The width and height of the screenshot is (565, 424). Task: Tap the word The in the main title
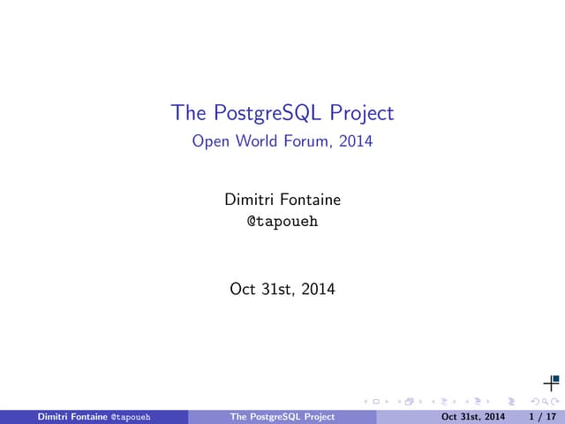[x=188, y=113]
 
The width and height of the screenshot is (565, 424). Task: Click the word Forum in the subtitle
[x=305, y=140]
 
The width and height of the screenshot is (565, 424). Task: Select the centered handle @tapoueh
[x=282, y=222]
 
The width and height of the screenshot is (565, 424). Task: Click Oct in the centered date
[x=242, y=288]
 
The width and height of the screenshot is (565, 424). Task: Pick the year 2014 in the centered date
[x=318, y=288]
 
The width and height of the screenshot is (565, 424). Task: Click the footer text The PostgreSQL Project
[x=282, y=417]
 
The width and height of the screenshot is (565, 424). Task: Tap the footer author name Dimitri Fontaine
[x=71, y=417]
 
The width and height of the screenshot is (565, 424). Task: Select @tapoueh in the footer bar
[x=129, y=417]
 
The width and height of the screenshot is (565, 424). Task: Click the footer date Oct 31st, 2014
[x=473, y=417]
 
